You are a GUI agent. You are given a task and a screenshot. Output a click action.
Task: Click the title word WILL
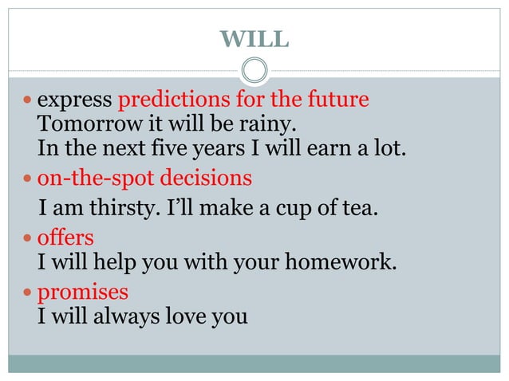click(x=254, y=37)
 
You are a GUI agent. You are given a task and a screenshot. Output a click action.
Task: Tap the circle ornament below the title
click(x=254, y=71)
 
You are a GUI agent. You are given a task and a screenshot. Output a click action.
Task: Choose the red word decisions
click(x=213, y=177)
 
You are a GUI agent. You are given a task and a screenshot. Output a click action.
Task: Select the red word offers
click(x=65, y=238)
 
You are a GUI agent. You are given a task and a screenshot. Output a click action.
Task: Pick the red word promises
click(x=83, y=293)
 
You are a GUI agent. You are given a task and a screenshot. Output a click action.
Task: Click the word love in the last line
click(x=188, y=316)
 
